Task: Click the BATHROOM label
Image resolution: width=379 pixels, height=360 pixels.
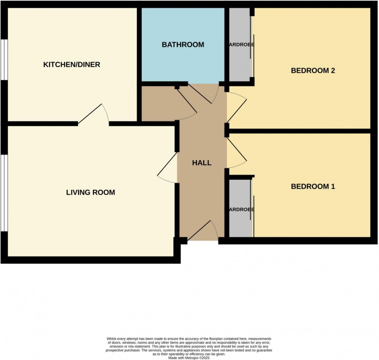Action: (183, 45)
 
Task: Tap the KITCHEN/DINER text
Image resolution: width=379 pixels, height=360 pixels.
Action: (72, 65)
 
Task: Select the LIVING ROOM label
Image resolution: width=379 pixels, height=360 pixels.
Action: (90, 192)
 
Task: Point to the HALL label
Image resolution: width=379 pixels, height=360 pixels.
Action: (202, 163)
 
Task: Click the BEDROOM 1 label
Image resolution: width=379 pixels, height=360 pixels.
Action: (313, 187)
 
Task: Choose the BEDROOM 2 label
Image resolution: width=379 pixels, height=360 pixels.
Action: (313, 71)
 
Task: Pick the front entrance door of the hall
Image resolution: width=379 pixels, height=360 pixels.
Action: (202, 232)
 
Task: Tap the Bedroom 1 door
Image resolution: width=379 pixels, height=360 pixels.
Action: (236, 153)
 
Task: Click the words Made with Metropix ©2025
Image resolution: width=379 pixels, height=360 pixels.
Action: (189, 358)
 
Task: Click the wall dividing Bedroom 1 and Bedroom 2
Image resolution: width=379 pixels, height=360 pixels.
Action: (302, 131)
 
